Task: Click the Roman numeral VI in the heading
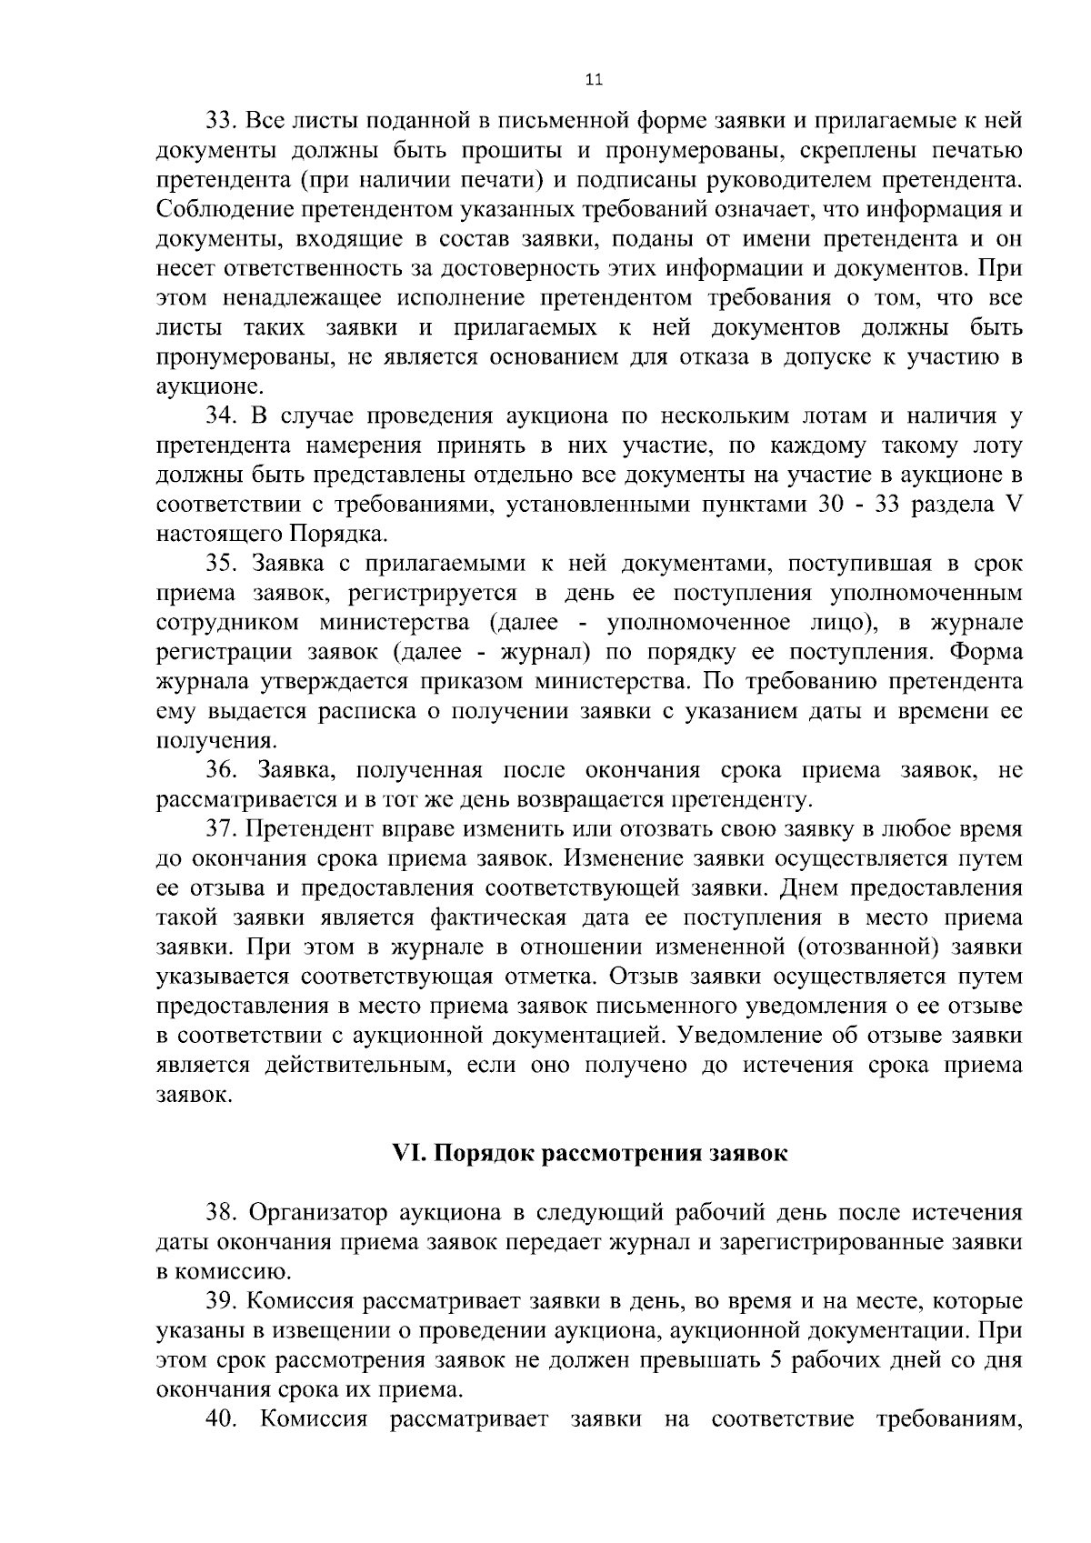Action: tap(404, 1154)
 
